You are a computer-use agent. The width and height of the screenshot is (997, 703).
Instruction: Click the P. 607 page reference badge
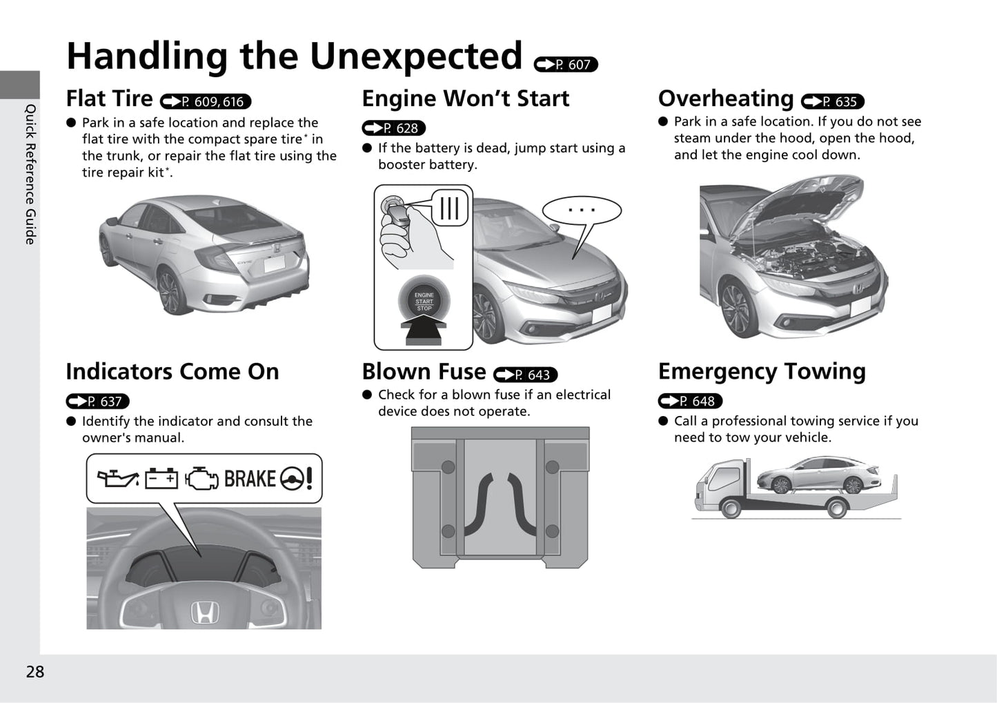click(566, 64)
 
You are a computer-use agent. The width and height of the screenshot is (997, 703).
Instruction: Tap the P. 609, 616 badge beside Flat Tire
click(206, 101)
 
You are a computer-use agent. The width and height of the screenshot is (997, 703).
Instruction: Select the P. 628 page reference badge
click(394, 128)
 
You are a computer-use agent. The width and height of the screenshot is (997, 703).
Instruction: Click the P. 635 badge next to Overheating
click(832, 101)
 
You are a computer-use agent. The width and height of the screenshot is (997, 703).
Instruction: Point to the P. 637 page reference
click(97, 401)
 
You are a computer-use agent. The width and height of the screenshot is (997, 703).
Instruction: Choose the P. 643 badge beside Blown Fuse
click(525, 375)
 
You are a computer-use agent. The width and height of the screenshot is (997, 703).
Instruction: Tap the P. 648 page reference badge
click(690, 401)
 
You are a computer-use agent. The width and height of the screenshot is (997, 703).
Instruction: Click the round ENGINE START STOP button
click(424, 301)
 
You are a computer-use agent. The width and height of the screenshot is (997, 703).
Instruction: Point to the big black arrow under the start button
click(424, 332)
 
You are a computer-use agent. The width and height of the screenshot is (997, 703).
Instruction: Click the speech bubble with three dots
click(582, 210)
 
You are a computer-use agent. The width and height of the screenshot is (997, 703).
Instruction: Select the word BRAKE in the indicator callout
click(250, 479)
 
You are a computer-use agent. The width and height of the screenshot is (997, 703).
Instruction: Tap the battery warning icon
click(161, 478)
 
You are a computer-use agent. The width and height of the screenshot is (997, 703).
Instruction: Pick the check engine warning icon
click(201, 478)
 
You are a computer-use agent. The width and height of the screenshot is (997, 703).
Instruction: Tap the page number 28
click(34, 672)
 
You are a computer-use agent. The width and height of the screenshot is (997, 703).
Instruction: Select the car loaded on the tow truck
click(818, 475)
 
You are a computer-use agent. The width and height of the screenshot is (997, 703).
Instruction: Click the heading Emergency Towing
click(762, 371)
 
